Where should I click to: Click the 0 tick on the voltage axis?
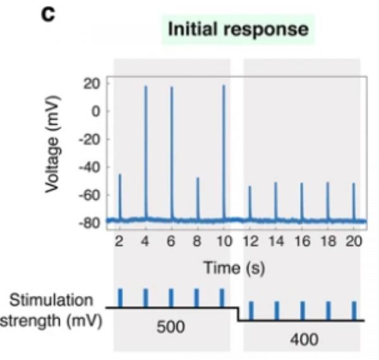[x=99, y=111]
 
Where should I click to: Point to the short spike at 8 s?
[x=198, y=196]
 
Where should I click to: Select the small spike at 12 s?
[x=250, y=201]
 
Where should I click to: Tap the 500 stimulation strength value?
[x=170, y=329]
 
